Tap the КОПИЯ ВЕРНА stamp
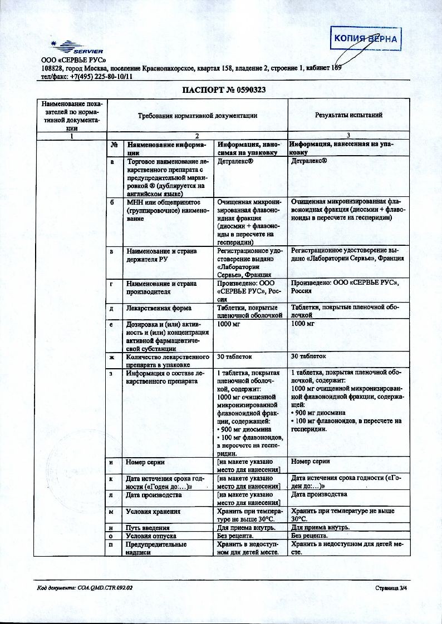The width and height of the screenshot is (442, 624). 366,39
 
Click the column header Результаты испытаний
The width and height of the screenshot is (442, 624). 348,115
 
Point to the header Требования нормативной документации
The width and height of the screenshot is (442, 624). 197,115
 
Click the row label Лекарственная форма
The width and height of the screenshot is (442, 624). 159,308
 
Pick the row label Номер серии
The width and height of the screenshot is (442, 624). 145,462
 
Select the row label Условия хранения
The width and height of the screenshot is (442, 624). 153,511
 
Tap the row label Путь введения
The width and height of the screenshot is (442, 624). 148,527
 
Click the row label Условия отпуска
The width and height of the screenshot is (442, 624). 151,536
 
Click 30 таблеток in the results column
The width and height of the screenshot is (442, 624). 308,356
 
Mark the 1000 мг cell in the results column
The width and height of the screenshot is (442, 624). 303,324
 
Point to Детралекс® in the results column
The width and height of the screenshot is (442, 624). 309,161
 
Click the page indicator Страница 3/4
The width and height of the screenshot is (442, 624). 392,587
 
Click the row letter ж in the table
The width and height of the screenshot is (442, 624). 113,356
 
